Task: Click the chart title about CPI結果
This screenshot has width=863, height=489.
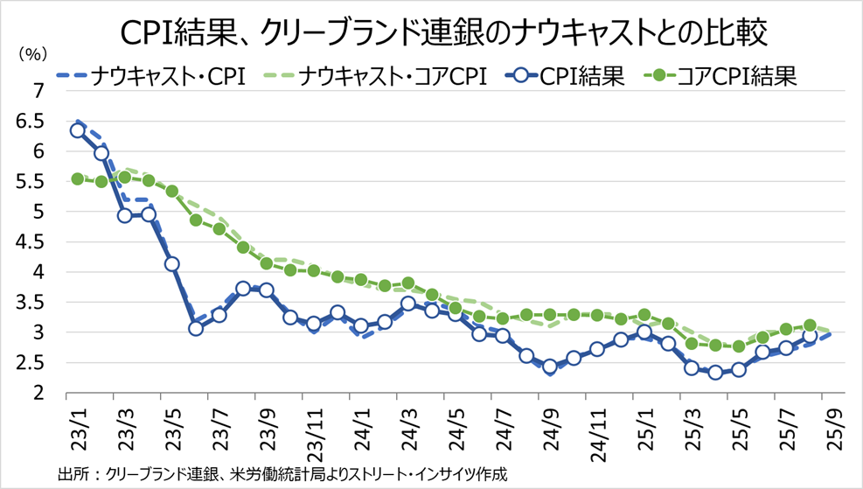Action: [431, 32]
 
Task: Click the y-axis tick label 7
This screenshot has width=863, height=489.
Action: [39, 90]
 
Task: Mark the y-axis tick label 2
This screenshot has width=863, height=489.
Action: [39, 394]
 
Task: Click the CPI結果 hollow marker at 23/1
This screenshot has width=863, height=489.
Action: [77, 130]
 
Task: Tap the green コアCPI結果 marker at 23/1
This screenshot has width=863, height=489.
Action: [77, 178]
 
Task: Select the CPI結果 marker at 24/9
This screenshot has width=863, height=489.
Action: [550, 367]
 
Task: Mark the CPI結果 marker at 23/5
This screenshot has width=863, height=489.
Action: [172, 263]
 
